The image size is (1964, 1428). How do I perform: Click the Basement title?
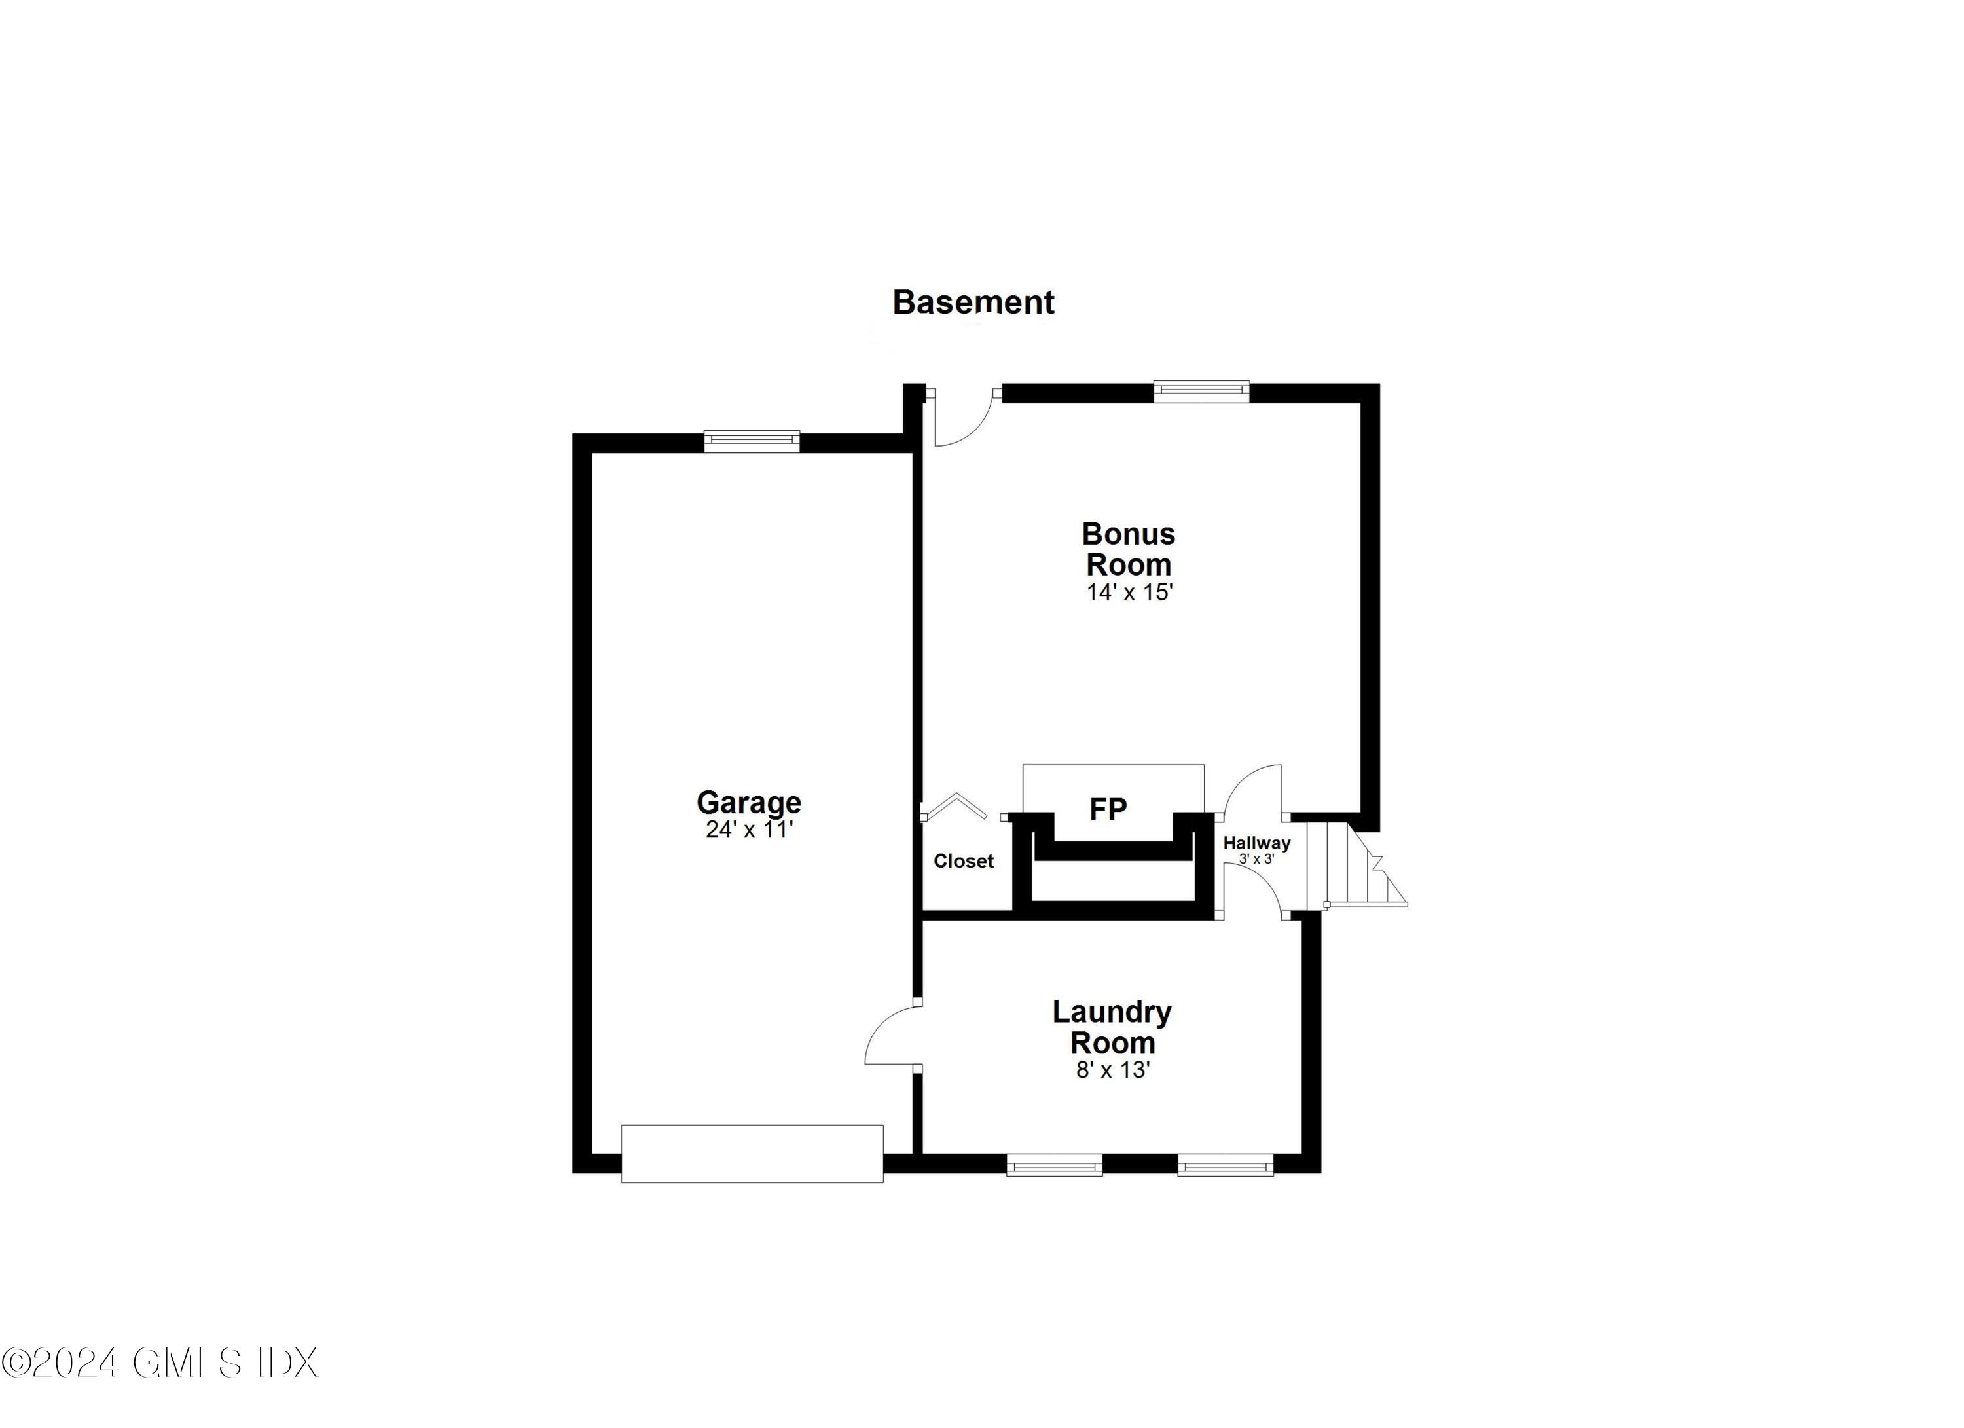(973, 302)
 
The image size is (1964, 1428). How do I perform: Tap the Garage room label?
(749, 802)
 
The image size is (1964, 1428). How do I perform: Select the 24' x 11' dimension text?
(749, 830)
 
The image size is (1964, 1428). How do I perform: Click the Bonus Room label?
(1129, 549)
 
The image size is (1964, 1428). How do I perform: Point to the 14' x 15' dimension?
(1129, 593)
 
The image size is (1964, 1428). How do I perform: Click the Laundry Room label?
(1112, 1027)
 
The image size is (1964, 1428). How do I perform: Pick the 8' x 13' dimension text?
(1112, 1071)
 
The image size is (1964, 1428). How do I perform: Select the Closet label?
(963, 861)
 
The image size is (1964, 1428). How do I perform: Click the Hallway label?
(1256, 843)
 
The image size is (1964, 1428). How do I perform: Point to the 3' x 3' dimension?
(1256, 859)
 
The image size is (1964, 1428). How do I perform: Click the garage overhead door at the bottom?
(752, 1154)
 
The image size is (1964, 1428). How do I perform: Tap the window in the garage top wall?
(752, 442)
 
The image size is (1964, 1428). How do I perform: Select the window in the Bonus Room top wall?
(1201, 392)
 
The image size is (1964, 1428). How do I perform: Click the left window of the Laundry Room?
(1054, 1165)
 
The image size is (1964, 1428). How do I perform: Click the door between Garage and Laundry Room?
(892, 1036)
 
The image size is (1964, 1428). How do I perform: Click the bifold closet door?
(955, 805)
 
